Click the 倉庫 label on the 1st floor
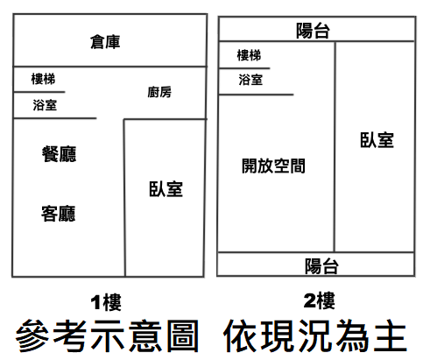[x=105, y=42]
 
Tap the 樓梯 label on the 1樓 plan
[x=43, y=79]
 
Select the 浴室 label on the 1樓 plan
[x=45, y=105]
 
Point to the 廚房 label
[x=159, y=92]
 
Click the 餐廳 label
[x=59, y=154]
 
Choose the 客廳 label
[x=59, y=214]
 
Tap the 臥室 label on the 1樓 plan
[x=166, y=189]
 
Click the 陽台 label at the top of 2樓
[x=313, y=31]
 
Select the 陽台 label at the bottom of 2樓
[x=321, y=266]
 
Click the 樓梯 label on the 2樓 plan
[x=249, y=55]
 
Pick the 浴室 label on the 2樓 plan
[x=250, y=80]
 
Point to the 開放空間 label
[x=273, y=166]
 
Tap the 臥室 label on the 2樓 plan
[x=377, y=140]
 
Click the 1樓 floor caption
[x=106, y=302]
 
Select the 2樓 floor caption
[x=320, y=300]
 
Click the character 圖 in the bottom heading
[x=183, y=335]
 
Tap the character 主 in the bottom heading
[x=391, y=335]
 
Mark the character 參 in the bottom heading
[x=32, y=335]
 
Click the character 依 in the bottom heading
[x=241, y=335]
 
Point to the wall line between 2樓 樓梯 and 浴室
[x=244, y=68]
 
